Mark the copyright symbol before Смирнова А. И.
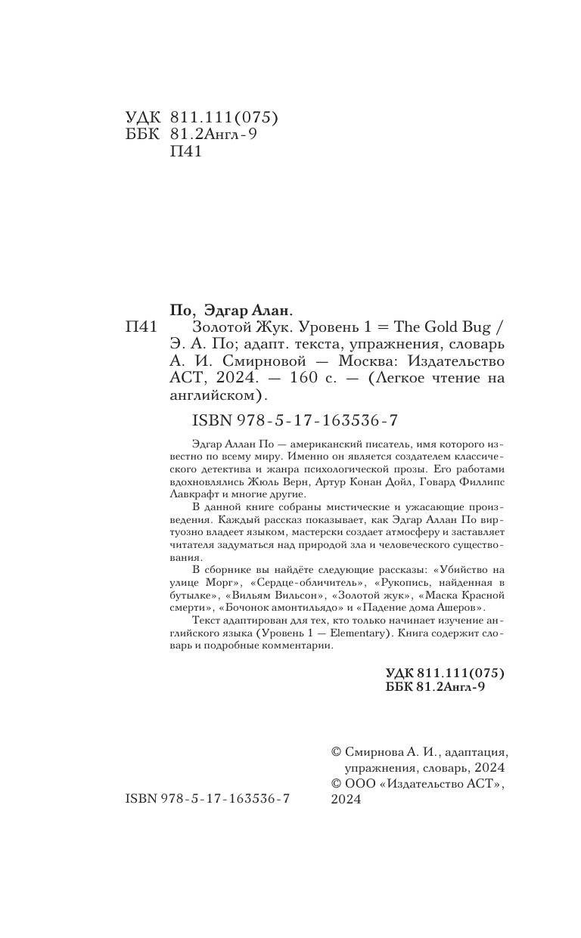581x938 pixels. click(337, 753)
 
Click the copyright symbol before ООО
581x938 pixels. click(337, 785)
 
